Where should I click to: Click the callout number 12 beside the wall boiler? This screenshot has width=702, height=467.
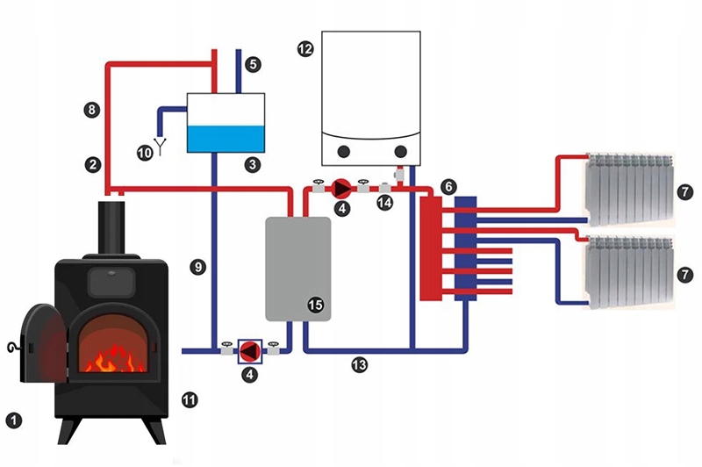pyautogui.click(x=305, y=49)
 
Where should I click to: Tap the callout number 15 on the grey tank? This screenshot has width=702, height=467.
pyautogui.click(x=315, y=305)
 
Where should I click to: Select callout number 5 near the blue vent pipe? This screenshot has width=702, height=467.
pyautogui.click(x=253, y=64)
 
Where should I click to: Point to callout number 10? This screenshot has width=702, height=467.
pyautogui.click(x=145, y=153)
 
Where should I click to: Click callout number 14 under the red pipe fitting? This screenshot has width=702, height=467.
pyautogui.click(x=384, y=203)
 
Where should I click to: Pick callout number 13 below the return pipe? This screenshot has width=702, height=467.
pyautogui.click(x=359, y=365)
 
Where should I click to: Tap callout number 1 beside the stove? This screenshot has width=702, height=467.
pyautogui.click(x=14, y=420)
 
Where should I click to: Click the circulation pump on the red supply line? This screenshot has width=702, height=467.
pyautogui.click(x=342, y=189)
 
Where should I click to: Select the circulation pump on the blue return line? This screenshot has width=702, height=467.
pyautogui.click(x=250, y=351)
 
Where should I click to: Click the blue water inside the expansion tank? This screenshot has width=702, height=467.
pyautogui.click(x=226, y=139)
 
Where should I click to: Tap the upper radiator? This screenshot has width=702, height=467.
pyautogui.click(x=630, y=190)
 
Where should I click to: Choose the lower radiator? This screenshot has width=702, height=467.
pyautogui.click(x=630, y=272)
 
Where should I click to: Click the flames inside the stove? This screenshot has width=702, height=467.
pyautogui.click(x=114, y=358)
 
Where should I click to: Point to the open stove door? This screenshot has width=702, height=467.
pyautogui.click(x=43, y=343)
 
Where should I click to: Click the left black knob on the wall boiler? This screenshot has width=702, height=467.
pyautogui.click(x=343, y=152)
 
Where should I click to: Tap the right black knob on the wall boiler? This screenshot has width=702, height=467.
pyautogui.click(x=401, y=152)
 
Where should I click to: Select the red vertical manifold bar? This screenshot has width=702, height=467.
pyautogui.click(x=430, y=248)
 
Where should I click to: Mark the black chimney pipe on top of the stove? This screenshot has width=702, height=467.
pyautogui.click(x=111, y=227)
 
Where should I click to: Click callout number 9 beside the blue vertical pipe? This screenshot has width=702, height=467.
pyautogui.click(x=197, y=268)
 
